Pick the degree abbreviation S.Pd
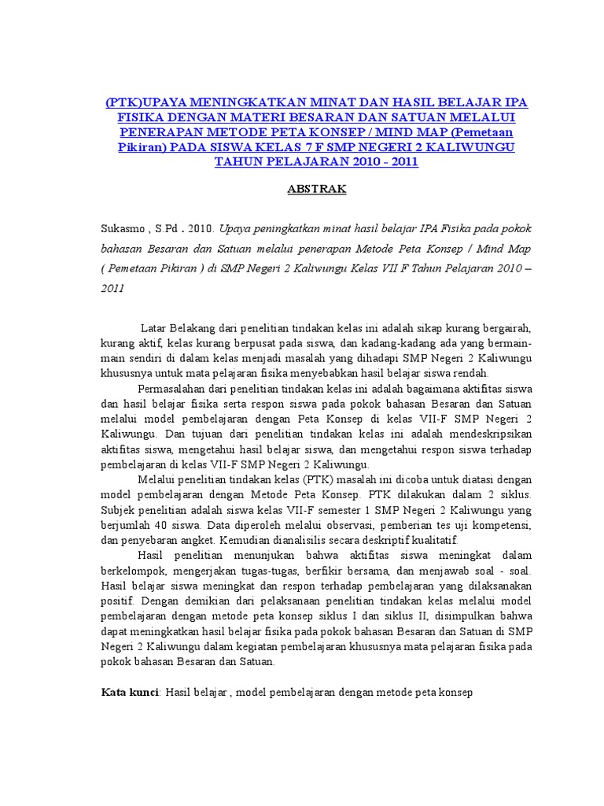click(172, 229)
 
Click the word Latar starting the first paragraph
click(153, 327)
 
